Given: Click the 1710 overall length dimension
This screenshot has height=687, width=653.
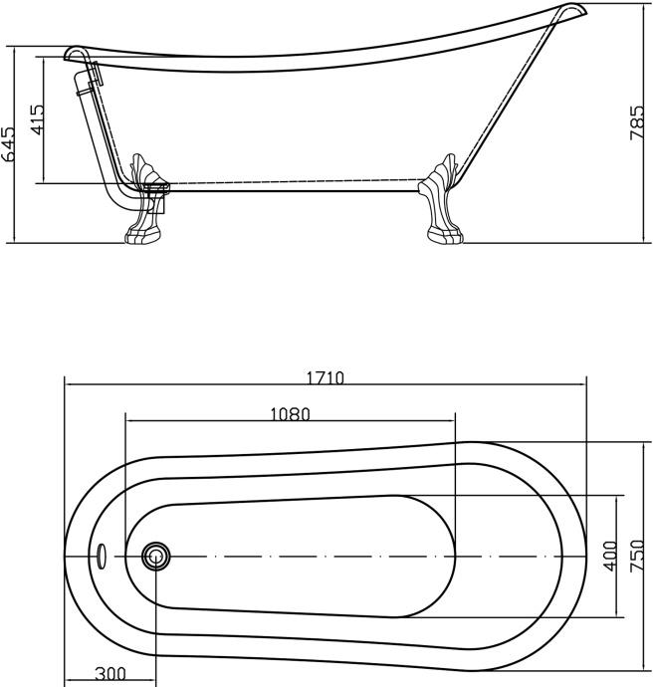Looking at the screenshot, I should tap(325, 378).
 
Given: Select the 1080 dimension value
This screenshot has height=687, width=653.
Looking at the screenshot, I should tap(290, 414).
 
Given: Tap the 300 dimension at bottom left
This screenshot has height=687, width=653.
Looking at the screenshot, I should tap(110, 674).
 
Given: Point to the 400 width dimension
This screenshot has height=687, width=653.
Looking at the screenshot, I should tap(610, 556).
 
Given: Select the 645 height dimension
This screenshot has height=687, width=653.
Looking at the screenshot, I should tap(9, 143).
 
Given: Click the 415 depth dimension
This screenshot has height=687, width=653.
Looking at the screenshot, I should tap(37, 119).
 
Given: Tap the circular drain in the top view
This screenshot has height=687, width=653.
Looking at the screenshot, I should tap(155, 556).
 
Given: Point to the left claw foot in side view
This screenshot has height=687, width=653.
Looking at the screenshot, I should tap(144, 199).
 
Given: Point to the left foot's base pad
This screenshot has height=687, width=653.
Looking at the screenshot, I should tap(141, 235).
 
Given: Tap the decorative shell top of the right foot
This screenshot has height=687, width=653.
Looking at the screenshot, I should tap(446, 169).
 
